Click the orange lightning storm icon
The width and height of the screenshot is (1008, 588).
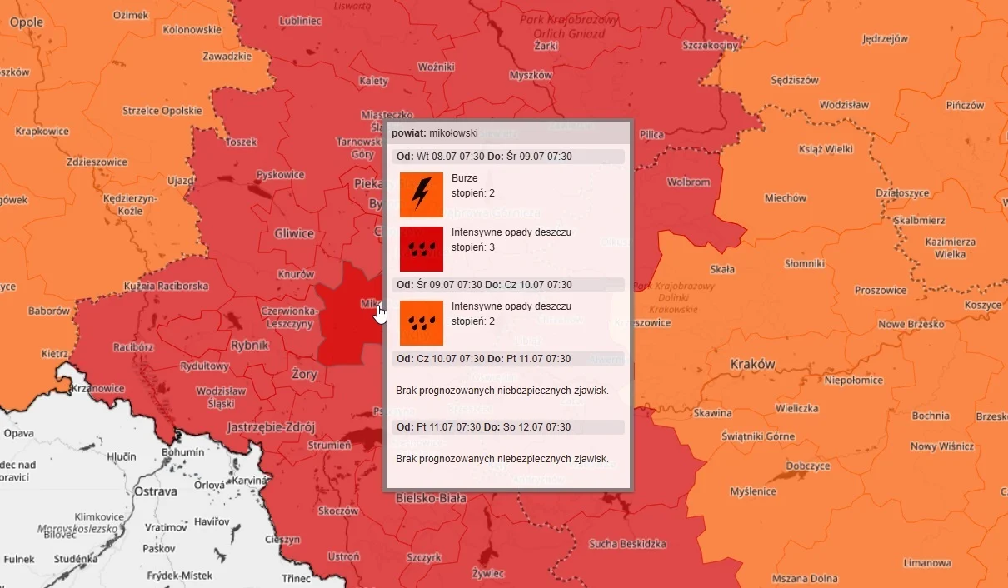(x=422, y=194)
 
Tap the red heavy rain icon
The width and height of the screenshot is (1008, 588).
(x=422, y=248)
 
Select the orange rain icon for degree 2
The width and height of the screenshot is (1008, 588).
(x=422, y=322)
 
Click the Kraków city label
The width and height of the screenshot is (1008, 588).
(x=752, y=364)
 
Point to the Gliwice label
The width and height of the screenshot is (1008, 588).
(x=294, y=233)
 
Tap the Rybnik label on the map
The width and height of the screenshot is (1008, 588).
(x=249, y=345)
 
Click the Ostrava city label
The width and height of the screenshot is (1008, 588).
(x=156, y=491)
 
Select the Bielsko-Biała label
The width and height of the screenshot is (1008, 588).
(x=431, y=498)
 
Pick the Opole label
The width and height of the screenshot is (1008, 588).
(x=27, y=22)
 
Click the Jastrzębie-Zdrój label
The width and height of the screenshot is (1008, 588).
(x=271, y=427)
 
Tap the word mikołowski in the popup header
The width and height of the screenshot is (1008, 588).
(x=454, y=132)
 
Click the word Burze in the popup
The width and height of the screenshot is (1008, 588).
(x=464, y=178)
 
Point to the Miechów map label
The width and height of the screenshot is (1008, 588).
(x=786, y=198)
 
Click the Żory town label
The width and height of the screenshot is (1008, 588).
(x=305, y=375)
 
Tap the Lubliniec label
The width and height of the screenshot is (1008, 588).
(x=302, y=21)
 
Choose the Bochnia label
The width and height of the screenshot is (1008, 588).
(x=931, y=416)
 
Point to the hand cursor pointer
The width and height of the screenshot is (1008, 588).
(x=381, y=313)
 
